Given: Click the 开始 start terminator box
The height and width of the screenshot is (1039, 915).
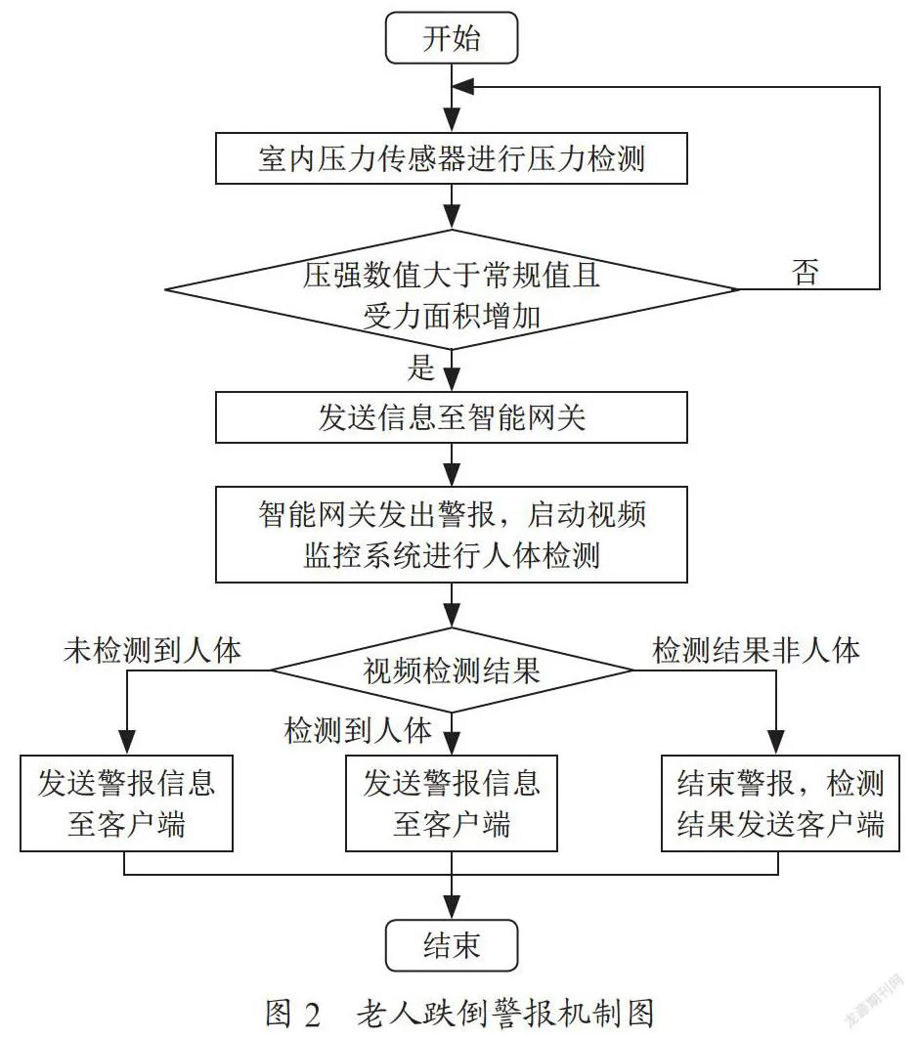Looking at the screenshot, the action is [452, 38].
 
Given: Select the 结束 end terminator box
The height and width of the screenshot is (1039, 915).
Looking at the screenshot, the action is [452, 945].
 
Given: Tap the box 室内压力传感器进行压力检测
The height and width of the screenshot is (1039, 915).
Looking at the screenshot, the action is [452, 158].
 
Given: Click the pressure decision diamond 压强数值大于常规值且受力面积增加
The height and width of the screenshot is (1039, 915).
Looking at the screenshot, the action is [452, 289].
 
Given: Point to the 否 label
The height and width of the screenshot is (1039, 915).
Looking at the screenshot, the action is [806, 272].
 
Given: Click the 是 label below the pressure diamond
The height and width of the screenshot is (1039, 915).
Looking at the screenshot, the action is [420, 368].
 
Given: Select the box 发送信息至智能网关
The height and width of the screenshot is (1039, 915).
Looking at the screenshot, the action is [452, 417].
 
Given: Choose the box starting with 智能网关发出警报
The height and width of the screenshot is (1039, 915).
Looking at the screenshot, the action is [452, 535].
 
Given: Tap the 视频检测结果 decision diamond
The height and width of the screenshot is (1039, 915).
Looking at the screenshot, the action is [452, 670].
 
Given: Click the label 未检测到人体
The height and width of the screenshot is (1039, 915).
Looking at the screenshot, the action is [152, 651].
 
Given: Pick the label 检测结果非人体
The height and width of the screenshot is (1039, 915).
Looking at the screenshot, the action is [756, 651].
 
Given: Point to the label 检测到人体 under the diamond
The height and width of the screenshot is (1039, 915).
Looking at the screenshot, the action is [358, 730].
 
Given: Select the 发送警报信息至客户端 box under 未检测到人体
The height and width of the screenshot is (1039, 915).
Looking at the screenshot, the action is [126, 803].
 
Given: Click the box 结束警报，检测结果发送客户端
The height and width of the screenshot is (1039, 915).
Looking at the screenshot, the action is [780, 803].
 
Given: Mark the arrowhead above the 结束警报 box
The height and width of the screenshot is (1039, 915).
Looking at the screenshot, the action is [776, 743].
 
